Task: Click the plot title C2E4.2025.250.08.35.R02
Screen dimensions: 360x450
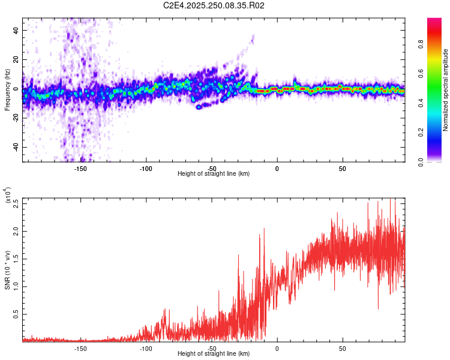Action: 214,5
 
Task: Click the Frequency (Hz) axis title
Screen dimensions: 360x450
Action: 8,91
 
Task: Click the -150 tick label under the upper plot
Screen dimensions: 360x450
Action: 80,168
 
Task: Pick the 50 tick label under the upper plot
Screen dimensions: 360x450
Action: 342,168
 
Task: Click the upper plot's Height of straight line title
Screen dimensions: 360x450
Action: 214,174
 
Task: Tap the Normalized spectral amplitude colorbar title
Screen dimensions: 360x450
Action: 446,91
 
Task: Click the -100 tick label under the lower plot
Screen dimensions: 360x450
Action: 146,348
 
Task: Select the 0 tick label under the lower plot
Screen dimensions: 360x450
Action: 277,348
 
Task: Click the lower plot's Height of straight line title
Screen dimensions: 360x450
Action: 214,354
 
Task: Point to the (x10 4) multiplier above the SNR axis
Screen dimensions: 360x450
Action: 8,195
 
